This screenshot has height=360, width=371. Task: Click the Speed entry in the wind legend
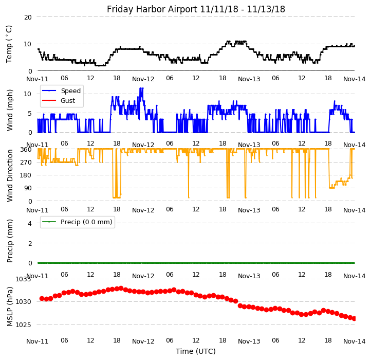point(70,91)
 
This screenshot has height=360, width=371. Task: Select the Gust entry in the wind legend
point(67,101)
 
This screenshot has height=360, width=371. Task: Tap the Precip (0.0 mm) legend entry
point(86,222)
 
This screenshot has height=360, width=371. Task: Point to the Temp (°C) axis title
point(9,44)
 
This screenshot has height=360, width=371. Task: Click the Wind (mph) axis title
point(10,110)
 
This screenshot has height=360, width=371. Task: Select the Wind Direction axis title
point(10,175)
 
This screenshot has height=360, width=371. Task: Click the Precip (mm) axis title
point(10,240)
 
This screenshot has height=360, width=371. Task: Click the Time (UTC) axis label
point(196,351)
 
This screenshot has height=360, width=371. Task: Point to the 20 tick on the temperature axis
point(27,17)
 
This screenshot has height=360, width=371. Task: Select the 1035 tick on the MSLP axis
point(23,279)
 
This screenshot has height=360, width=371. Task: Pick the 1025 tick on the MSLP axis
point(23,325)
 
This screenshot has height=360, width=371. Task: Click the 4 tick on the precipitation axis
point(29,223)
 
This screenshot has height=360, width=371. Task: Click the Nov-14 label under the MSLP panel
point(355,341)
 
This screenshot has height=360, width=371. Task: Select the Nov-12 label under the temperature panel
point(143,79)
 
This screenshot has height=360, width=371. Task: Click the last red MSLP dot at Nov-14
point(355,318)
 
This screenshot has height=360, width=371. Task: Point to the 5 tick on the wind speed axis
point(29,113)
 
